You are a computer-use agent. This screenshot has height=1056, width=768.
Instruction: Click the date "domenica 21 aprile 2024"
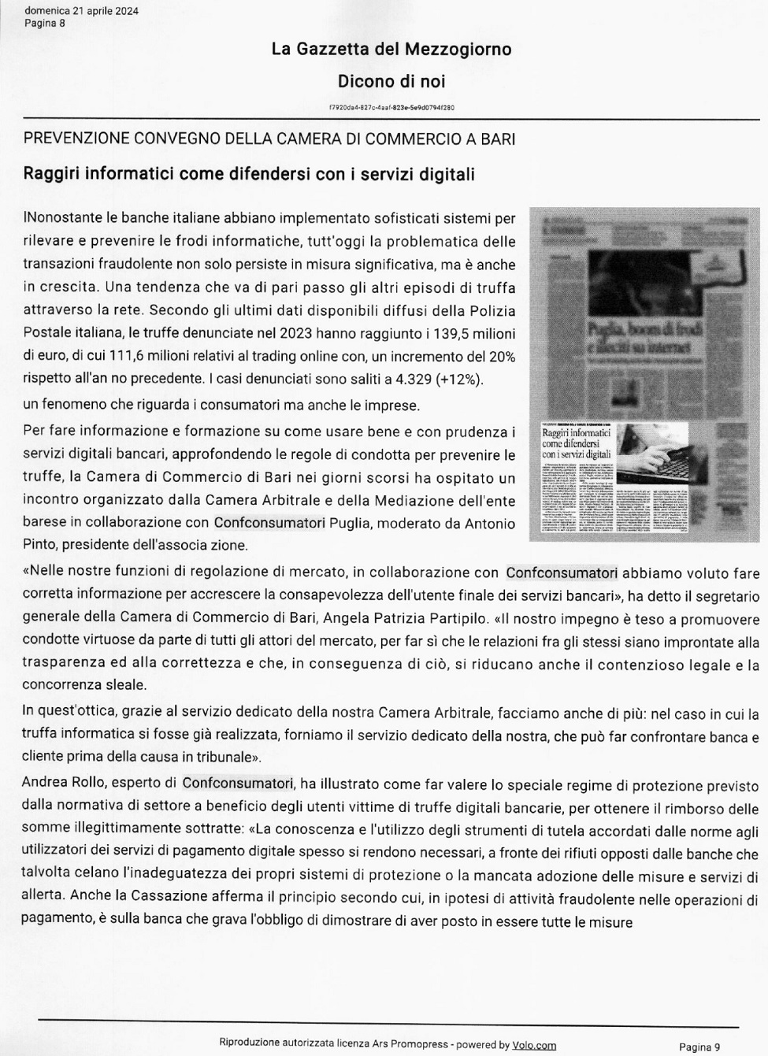coord(82,10)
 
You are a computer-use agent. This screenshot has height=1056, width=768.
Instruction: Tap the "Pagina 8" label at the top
coord(45,23)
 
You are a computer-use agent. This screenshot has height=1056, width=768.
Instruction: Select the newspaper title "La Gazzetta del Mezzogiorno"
coord(391,49)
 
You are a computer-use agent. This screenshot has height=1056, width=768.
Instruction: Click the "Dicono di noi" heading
coord(391,81)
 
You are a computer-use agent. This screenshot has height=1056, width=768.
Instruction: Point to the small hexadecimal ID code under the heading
coord(391,108)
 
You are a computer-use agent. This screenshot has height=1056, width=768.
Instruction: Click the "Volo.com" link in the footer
coord(534,1045)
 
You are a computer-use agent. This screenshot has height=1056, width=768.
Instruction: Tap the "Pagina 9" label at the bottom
coord(699,1047)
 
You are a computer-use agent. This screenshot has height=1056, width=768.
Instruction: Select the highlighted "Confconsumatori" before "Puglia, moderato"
coord(269,522)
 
